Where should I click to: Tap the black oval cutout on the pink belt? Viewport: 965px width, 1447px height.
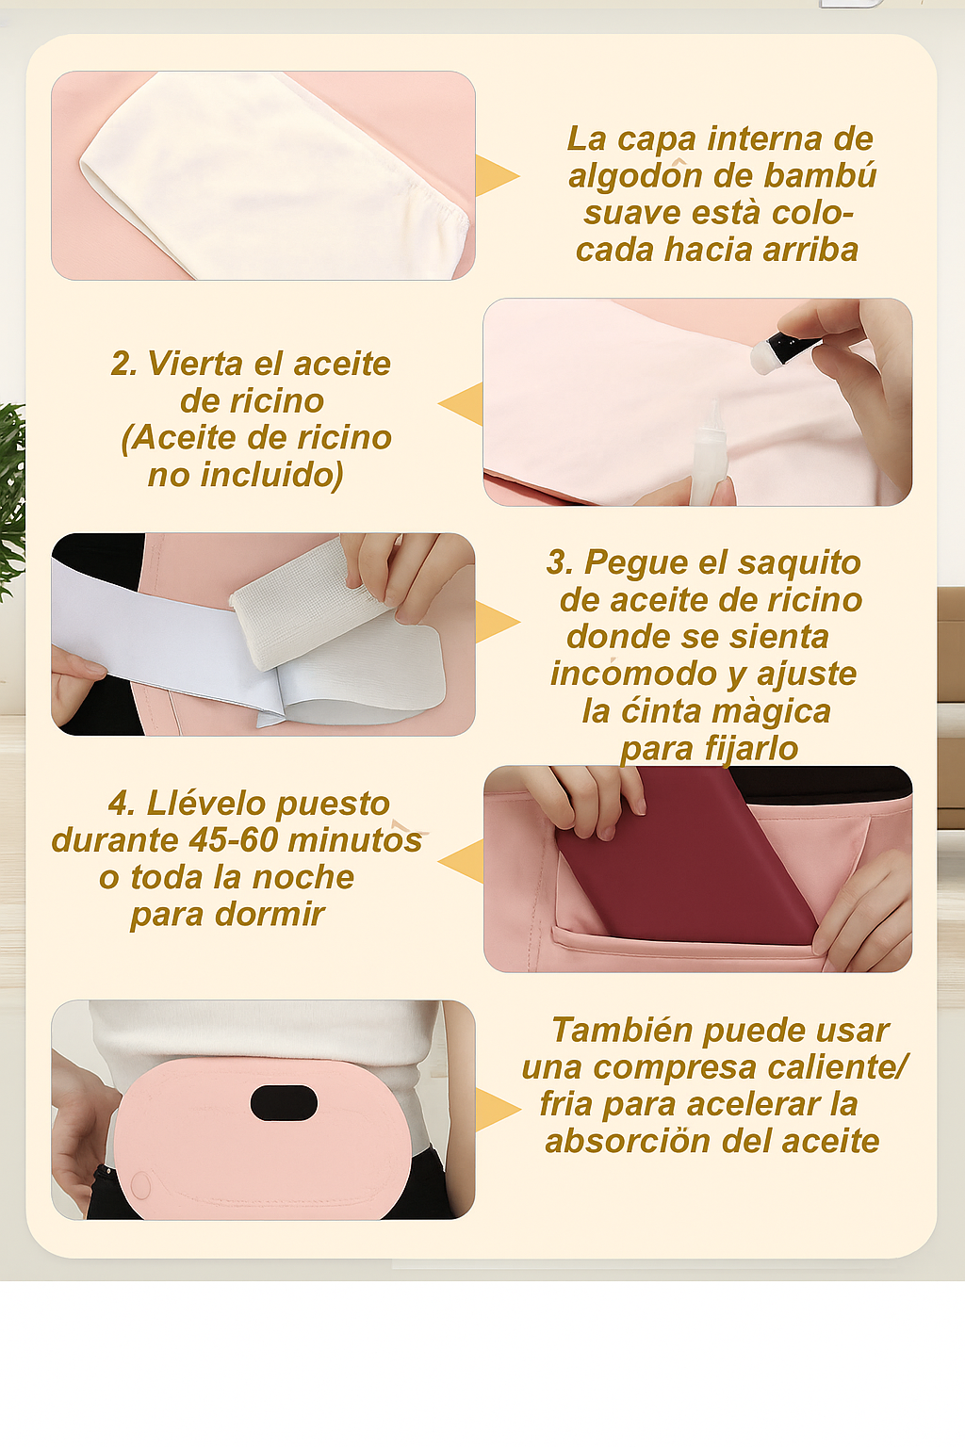(284, 1103)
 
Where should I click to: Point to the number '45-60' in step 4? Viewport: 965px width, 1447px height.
(234, 840)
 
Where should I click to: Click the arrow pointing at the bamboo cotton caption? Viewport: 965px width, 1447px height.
(497, 175)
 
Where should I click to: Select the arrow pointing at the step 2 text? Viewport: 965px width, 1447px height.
(462, 404)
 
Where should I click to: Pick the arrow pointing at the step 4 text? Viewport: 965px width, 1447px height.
(462, 862)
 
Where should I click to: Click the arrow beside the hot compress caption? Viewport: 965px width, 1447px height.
(497, 1109)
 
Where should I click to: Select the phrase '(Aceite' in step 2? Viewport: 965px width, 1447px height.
(178, 438)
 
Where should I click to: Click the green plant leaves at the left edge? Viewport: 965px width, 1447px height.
(10, 490)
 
